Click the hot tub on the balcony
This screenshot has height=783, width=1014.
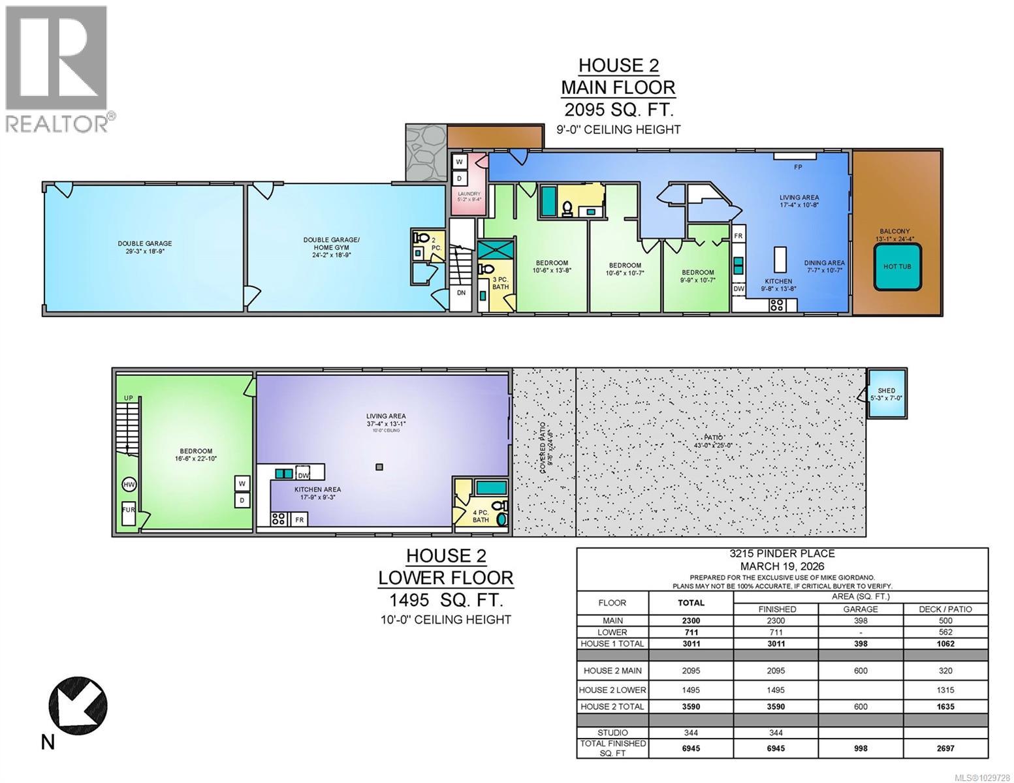point(897,267)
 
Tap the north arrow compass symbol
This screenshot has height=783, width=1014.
point(78,705)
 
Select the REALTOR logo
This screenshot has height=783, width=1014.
point(57,68)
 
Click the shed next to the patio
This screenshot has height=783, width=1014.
point(886,393)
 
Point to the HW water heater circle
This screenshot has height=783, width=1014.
point(129,485)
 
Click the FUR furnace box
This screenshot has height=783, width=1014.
point(129,513)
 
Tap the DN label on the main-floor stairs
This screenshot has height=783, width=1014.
point(461,293)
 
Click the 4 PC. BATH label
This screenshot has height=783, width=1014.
point(481,516)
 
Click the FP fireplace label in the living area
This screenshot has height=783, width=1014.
point(798,167)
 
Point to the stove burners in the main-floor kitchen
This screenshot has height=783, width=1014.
point(778,304)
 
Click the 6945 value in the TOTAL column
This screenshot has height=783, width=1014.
point(691,748)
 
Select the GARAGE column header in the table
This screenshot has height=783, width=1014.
point(861,609)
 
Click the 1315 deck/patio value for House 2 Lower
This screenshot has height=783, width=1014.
point(945,690)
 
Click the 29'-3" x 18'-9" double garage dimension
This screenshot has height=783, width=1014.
point(146,251)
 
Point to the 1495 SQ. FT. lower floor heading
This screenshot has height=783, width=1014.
point(445,600)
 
